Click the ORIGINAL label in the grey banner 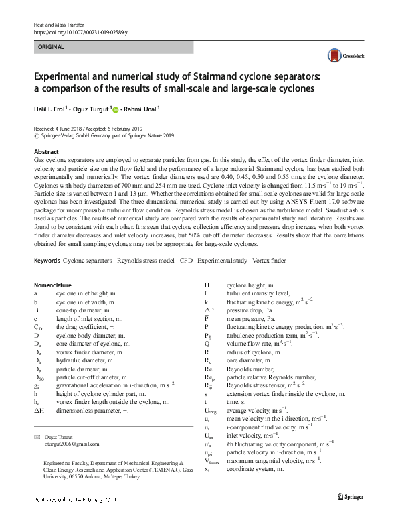tap(52, 47)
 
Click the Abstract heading tap(46, 153)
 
